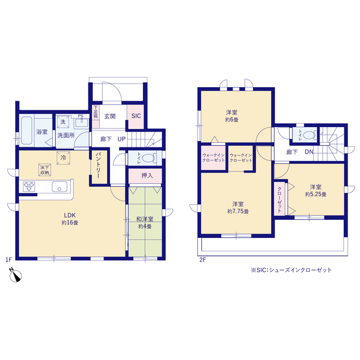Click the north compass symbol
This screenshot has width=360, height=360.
pyautogui.click(x=15, y=275)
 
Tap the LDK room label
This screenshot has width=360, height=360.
pyautogui.click(x=70, y=215)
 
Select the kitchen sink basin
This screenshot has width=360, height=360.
pyautogui.click(x=60, y=186)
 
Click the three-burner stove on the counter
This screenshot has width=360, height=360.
pyautogui.click(x=29, y=186)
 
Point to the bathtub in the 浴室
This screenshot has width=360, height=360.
pyautogui.click(x=26, y=130)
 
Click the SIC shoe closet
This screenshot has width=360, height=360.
pyautogui.click(x=136, y=116)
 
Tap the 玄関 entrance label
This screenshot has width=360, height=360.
pyautogui.click(x=110, y=116)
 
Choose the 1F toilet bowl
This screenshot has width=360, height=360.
pyautogui.click(x=148, y=158)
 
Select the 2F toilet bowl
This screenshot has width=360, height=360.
pyautogui.click(x=309, y=135)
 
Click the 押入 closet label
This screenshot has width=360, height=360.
pyautogui.click(x=147, y=175)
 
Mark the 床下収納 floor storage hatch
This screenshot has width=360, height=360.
pyautogui.click(x=45, y=170)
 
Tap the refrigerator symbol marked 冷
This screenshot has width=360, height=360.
pyautogui.click(x=64, y=158)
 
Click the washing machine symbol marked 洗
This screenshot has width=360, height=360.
pyautogui.click(x=63, y=122)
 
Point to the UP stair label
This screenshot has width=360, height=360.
pyautogui.click(x=121, y=139)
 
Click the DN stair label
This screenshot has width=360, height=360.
pyautogui.click(x=309, y=152)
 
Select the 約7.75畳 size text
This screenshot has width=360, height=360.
pyautogui.click(x=238, y=211)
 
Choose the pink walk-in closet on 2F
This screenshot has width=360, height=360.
pyautogui.click(x=214, y=157)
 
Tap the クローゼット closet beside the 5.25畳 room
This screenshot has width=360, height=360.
pyautogui.click(x=280, y=199)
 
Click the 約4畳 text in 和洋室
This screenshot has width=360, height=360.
pyautogui.click(x=145, y=226)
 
